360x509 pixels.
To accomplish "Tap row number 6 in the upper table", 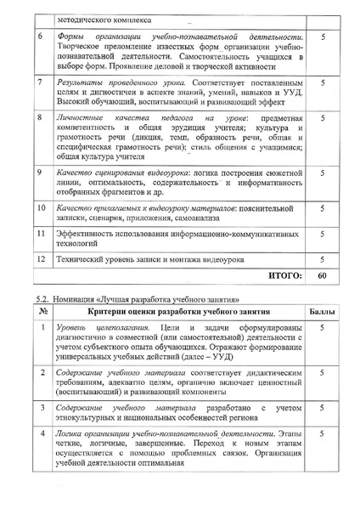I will tap(42, 39).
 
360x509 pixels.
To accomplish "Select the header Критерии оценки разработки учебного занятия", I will tap(177, 313).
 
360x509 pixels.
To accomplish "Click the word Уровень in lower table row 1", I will tap(73, 327).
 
